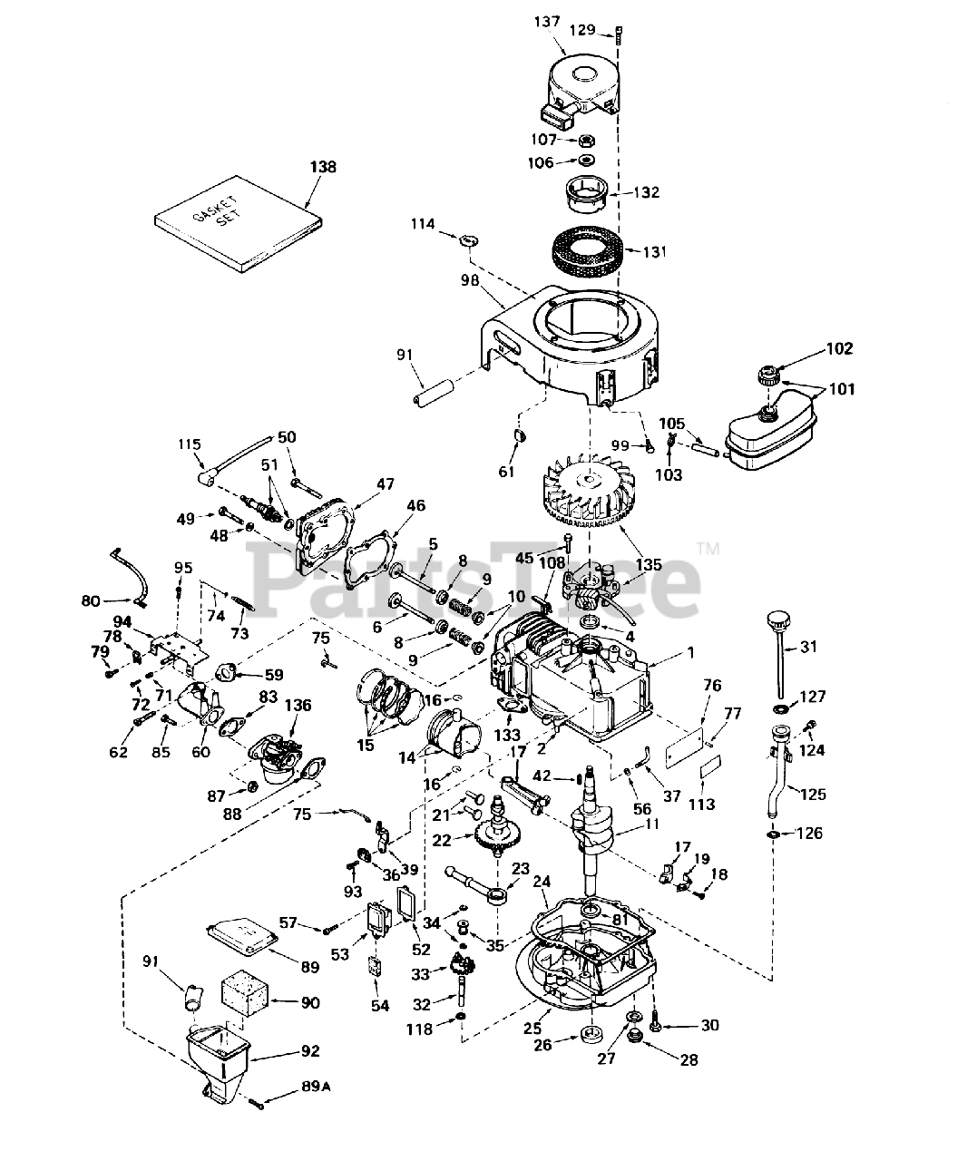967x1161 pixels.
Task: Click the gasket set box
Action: click(x=238, y=224)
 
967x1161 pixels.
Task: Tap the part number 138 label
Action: click(x=323, y=166)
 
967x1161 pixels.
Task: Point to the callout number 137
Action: click(x=547, y=22)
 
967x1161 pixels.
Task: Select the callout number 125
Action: click(x=814, y=794)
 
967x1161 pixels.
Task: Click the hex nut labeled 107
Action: click(x=587, y=140)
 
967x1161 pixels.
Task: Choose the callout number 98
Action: click(x=470, y=280)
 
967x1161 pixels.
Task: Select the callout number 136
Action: click(x=298, y=705)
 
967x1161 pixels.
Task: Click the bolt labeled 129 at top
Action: click(x=620, y=33)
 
